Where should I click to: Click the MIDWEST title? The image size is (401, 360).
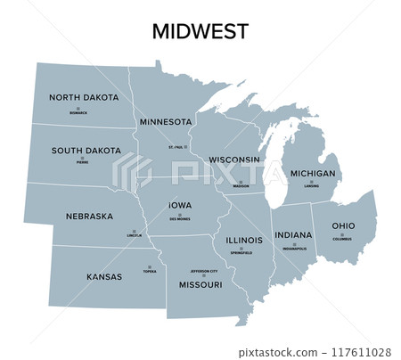(x=200, y=33)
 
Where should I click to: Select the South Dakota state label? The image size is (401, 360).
(x=86, y=151)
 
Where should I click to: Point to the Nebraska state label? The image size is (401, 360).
(x=89, y=216)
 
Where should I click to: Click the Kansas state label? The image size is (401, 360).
(x=104, y=276)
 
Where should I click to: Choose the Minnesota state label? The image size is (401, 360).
(x=166, y=121)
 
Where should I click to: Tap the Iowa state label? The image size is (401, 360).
(x=180, y=205)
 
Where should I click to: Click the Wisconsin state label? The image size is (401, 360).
(x=234, y=160)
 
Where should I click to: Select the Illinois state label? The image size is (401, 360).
(x=244, y=240)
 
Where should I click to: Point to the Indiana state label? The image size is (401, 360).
(x=293, y=235)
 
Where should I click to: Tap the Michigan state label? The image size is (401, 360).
(x=313, y=173)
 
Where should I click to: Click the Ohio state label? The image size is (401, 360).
(x=343, y=225)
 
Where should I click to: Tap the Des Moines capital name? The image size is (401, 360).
(x=181, y=217)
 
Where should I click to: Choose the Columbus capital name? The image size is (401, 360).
(x=343, y=239)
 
